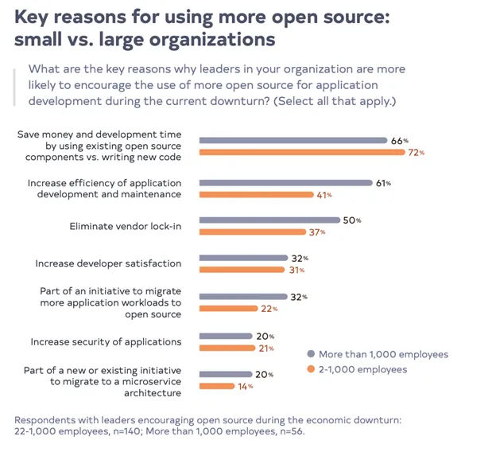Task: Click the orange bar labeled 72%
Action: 301,151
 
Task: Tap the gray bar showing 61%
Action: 285,183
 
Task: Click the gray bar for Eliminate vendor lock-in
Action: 270,220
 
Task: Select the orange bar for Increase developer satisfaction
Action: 241,270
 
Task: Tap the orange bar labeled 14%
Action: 216,386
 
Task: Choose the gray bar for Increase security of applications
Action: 226,336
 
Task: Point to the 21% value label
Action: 265,348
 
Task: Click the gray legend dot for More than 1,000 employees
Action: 311,354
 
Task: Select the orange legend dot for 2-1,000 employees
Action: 311,369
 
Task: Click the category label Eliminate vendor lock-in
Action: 126,227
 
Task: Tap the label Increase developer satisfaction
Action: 108,263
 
